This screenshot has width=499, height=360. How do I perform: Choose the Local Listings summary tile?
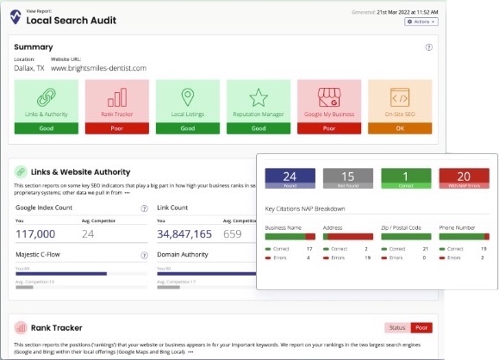pyautogui.click(x=186, y=107)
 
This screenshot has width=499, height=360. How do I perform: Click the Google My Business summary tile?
pyautogui.click(x=327, y=107)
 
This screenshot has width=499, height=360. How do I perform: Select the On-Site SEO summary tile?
pyautogui.click(x=397, y=107)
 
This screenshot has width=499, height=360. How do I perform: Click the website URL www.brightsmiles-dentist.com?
pyautogui.click(x=104, y=68)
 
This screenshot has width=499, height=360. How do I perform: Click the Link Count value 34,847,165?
pyautogui.click(x=184, y=233)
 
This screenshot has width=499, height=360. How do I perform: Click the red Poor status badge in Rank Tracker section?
pyautogui.click(x=421, y=327)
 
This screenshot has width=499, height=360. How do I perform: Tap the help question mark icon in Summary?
pyautogui.click(x=429, y=47)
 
